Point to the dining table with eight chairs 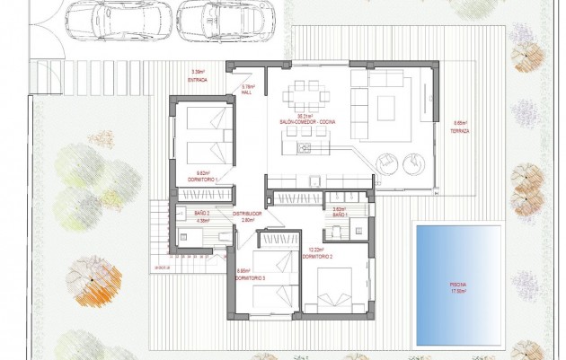(x=305, y=93)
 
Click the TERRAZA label (x=461, y=128)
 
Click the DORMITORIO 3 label (x=251, y=278)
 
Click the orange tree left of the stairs (x=93, y=279)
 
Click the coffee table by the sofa (x=386, y=107)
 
